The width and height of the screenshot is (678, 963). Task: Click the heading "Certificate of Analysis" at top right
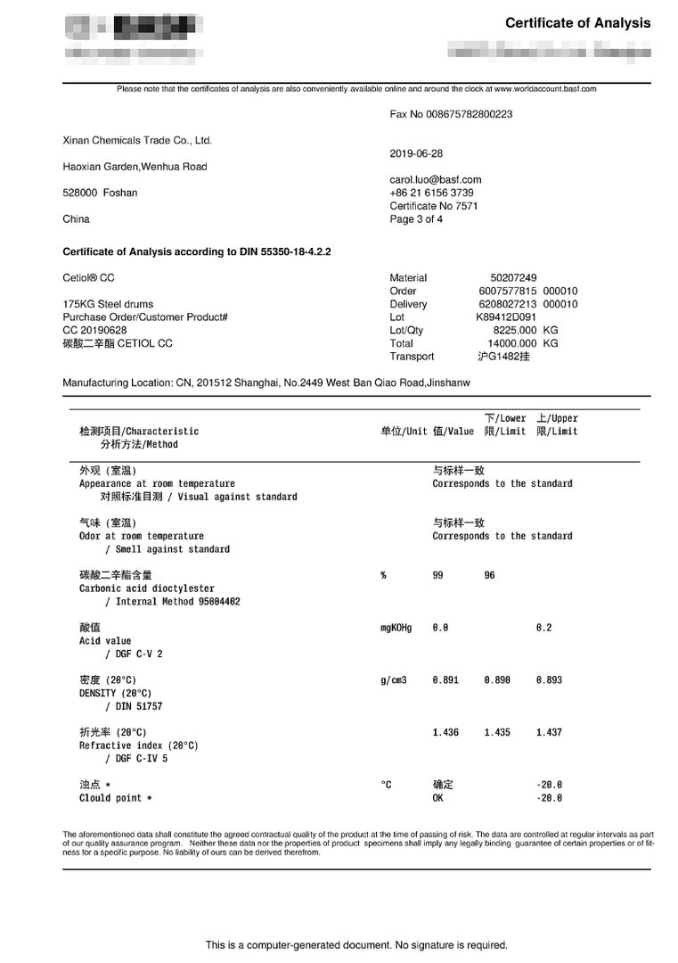click(577, 23)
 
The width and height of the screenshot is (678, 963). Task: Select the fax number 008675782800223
click(471, 114)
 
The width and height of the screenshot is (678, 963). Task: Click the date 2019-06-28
click(416, 153)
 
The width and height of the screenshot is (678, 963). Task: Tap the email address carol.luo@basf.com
click(435, 179)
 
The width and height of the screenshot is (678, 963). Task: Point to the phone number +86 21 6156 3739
click(431, 193)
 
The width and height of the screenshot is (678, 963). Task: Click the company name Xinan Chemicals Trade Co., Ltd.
click(137, 140)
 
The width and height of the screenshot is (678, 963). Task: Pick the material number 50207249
click(513, 277)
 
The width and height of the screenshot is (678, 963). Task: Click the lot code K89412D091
click(506, 317)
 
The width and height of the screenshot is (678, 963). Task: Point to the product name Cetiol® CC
click(88, 277)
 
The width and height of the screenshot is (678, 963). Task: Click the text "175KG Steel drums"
click(105, 304)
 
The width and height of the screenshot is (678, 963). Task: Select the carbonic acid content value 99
click(437, 576)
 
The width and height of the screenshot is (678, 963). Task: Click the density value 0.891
click(445, 680)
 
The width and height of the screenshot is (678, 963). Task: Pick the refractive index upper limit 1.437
click(549, 733)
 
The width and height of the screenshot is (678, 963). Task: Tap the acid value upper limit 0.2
click(543, 628)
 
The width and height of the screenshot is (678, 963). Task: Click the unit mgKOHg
click(396, 628)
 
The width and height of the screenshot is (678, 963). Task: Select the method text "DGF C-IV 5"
click(142, 759)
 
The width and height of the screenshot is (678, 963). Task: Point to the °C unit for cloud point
click(386, 785)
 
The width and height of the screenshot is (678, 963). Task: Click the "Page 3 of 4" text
click(416, 219)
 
